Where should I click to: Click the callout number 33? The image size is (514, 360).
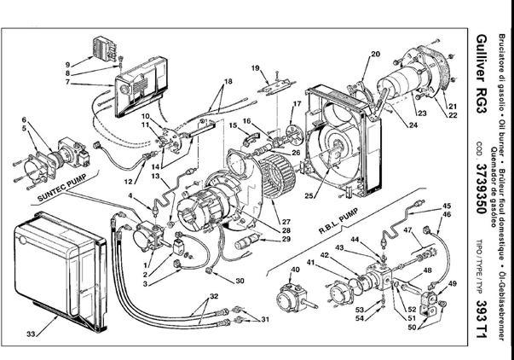[x=32, y=334]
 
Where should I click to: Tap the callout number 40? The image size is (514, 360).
[x=296, y=270]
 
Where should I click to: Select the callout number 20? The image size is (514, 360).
[x=374, y=55]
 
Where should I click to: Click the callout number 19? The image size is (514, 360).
[x=255, y=67]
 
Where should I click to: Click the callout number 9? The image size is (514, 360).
[x=67, y=64]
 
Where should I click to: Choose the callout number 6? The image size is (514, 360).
[x=24, y=119]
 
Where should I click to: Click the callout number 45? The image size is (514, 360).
[x=447, y=206]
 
